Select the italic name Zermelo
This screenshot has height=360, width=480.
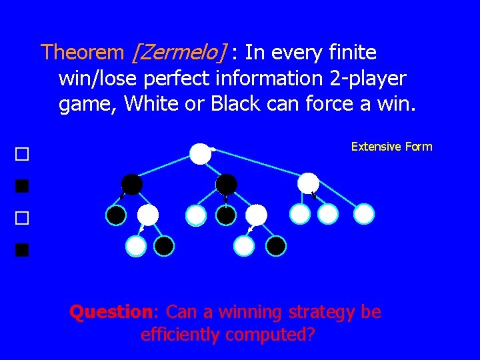click(180, 53)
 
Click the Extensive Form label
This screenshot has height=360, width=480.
click(391, 147)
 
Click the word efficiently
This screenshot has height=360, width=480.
click(180, 334)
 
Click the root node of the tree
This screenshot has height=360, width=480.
click(200, 153)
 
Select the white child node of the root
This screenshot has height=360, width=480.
click(308, 183)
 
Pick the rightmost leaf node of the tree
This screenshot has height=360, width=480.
click(364, 213)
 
